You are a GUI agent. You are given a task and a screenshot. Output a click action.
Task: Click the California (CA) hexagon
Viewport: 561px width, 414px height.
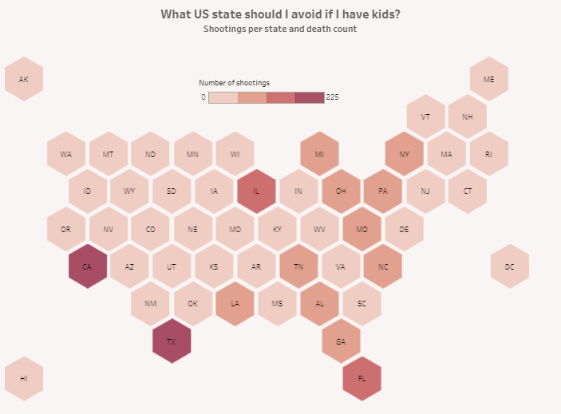(87, 267)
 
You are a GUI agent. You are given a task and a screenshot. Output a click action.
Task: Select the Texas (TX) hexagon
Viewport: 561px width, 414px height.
(171, 341)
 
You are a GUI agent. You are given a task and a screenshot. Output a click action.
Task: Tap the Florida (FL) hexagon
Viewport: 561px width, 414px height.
(361, 379)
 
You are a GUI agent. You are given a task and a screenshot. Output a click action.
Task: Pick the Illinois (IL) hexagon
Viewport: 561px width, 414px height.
(256, 192)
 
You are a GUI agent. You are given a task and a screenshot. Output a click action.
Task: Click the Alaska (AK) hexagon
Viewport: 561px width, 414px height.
(23, 79)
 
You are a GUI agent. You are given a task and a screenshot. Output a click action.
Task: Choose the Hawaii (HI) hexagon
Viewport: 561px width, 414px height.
(23, 379)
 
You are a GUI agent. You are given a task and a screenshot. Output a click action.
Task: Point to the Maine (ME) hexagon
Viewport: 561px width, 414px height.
(488, 79)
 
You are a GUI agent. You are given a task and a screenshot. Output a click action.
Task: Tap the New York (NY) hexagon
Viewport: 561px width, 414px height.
(404, 154)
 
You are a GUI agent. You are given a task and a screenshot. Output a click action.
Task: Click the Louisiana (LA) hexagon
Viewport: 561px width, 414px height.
(235, 304)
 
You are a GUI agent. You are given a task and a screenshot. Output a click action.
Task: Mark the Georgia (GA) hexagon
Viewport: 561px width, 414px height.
(341, 341)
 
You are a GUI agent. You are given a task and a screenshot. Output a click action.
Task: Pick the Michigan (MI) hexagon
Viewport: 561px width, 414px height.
(319, 154)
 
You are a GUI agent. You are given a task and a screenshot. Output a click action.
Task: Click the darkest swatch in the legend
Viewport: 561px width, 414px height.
(310, 97)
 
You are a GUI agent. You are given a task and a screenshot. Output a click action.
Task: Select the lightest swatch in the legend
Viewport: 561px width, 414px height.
(223, 97)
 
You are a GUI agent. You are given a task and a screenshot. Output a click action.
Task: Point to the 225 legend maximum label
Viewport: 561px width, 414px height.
(333, 97)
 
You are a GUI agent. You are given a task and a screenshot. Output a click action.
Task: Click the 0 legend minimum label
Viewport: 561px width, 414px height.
(203, 97)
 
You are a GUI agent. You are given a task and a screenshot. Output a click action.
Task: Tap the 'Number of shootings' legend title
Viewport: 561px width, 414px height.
(234, 82)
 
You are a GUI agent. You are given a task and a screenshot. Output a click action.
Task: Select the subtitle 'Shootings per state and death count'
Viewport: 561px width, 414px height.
(279, 29)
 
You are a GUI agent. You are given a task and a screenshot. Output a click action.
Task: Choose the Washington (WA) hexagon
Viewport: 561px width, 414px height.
(65, 154)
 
